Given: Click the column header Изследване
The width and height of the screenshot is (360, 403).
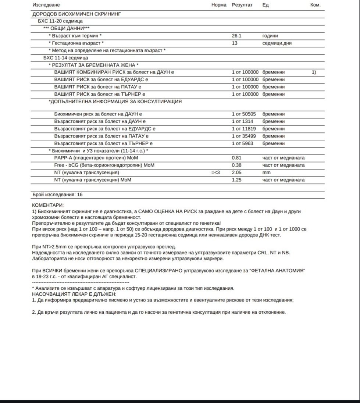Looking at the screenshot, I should [46, 5].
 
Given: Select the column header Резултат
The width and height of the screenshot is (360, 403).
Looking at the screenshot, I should [242, 5].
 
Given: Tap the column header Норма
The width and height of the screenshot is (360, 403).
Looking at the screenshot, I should [219, 5].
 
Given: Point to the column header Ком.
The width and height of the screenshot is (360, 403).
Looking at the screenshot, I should [316, 5].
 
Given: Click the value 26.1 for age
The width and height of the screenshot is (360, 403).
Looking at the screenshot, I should [236, 36].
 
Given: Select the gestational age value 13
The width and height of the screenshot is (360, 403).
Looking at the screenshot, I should [235, 43].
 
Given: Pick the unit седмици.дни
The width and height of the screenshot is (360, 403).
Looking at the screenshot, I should [277, 43].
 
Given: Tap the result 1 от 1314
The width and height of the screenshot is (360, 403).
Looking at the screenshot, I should [242, 121].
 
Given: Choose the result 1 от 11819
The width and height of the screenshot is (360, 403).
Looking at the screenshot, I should [244, 129].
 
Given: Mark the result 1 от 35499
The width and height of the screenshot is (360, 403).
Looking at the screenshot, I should [244, 136].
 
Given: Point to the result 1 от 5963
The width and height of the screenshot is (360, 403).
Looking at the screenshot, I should [242, 143].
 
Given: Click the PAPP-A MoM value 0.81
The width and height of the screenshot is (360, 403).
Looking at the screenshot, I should [236, 158].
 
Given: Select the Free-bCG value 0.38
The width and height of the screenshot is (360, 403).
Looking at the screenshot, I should [236, 165].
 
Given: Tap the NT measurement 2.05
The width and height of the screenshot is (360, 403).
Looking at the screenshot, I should [236, 172].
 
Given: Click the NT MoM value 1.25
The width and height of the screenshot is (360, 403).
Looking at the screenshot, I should [236, 180].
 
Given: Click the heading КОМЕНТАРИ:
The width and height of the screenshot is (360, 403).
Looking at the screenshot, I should [48, 205].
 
